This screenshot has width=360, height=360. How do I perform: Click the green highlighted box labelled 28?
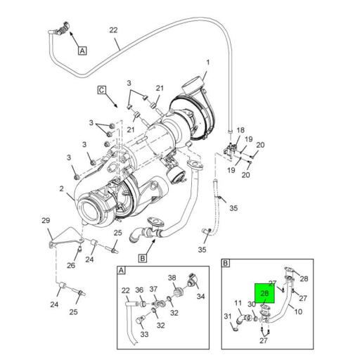[264, 293]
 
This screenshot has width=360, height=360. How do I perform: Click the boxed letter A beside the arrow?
[82, 51]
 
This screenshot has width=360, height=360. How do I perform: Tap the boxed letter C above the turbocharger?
[102, 90]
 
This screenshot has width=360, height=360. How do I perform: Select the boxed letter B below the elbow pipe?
[143, 258]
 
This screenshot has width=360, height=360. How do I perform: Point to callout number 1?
[207, 63]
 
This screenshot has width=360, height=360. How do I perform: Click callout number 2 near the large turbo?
[61, 188]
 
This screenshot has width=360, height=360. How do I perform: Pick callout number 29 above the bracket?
[46, 220]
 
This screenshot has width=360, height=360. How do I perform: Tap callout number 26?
[71, 265]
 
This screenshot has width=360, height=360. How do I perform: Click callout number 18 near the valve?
[240, 130]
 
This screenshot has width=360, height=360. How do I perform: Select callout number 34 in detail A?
[200, 297]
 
